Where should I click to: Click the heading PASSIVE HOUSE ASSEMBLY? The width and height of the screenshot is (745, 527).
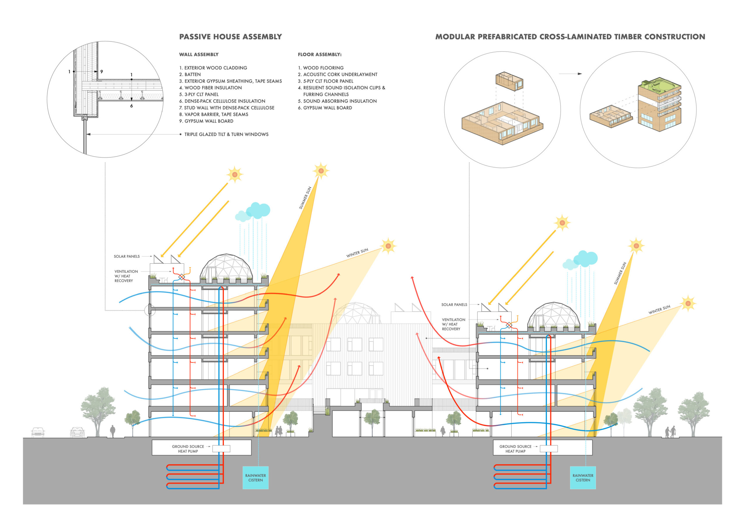230,37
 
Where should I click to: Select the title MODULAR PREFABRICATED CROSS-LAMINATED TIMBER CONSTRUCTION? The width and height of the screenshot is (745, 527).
570,37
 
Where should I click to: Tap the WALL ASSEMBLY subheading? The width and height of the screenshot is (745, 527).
198,55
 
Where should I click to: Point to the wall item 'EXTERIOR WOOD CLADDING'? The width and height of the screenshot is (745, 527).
215,68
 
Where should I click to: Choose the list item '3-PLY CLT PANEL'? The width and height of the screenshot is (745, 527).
201,94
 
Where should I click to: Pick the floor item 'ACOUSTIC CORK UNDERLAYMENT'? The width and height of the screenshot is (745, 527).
340,75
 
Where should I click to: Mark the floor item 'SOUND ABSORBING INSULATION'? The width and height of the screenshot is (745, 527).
340,101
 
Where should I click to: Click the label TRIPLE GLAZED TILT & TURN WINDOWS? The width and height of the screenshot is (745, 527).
226,134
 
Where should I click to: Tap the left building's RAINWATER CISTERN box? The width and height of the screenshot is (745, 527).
255,478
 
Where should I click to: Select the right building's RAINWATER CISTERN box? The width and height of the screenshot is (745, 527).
583,478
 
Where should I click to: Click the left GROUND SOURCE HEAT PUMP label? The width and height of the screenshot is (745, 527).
188,449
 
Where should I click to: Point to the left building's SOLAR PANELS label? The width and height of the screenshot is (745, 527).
127,256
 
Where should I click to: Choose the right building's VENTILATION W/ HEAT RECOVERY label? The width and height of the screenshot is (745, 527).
453,324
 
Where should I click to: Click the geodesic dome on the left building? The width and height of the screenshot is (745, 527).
226,267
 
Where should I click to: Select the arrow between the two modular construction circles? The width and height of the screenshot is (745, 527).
570,74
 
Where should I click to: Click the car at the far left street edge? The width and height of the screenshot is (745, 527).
38,432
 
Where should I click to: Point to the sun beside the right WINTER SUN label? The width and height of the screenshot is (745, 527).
687,303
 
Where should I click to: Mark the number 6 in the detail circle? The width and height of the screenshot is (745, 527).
131,106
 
